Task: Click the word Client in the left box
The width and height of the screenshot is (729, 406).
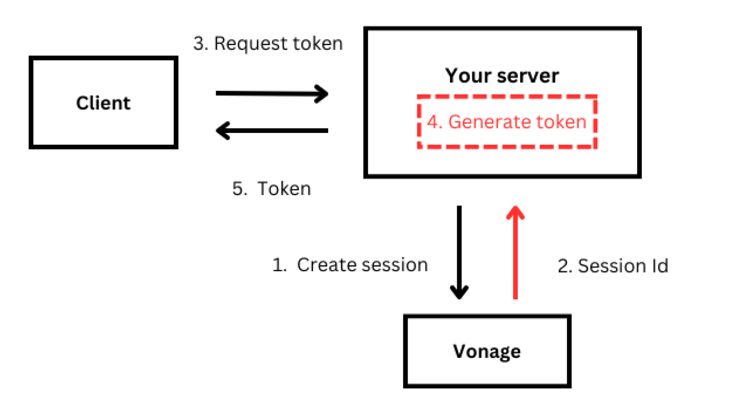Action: click(103, 103)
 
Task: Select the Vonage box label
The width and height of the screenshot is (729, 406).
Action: click(487, 352)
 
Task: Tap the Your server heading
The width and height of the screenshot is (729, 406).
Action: click(502, 76)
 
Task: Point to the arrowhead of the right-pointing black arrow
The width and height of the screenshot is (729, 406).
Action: click(322, 94)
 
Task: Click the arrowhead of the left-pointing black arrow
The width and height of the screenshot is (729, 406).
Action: click(222, 131)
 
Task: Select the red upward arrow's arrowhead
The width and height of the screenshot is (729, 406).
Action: click(515, 212)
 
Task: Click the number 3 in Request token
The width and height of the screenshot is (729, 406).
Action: click(199, 44)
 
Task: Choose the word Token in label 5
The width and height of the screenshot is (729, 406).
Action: click(284, 189)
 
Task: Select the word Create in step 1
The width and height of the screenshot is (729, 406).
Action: click(321, 265)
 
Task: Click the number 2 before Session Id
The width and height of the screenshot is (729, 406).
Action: click(563, 266)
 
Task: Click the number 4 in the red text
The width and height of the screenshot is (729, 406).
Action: click(433, 122)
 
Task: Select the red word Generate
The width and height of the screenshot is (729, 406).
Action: click(489, 122)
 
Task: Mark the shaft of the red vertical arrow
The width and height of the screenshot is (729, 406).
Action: click(515, 259)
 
